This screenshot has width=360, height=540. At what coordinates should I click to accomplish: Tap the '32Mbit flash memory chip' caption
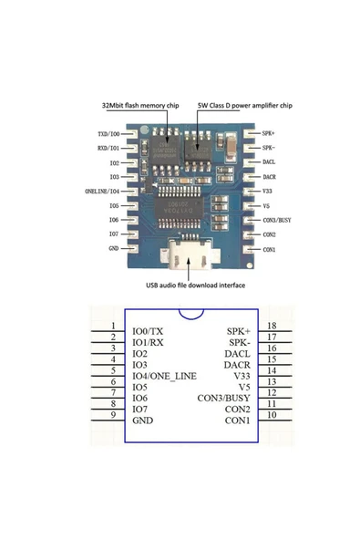(135, 106)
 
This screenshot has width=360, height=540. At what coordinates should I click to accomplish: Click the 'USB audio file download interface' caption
(192, 284)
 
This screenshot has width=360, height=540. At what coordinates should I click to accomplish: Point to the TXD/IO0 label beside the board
(108, 133)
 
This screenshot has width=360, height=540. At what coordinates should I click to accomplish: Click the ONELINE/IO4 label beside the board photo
(102, 192)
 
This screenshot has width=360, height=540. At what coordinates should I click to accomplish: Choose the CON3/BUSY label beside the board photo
(276, 220)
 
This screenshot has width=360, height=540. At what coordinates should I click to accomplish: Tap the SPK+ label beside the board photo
(269, 133)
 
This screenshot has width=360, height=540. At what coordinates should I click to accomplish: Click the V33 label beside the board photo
(267, 192)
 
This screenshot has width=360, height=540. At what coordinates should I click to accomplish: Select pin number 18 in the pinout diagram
(271, 326)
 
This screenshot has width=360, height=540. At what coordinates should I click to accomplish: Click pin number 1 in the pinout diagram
(111, 326)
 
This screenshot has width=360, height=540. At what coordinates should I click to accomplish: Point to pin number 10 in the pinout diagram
(271, 415)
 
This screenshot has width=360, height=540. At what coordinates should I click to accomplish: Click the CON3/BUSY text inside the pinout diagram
(223, 398)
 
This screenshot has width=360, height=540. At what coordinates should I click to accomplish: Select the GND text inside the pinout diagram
(143, 421)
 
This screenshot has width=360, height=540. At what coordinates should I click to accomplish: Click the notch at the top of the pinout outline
(191, 317)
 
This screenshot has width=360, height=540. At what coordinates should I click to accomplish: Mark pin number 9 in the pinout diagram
(111, 415)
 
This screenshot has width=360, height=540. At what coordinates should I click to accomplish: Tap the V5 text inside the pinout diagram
(242, 387)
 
